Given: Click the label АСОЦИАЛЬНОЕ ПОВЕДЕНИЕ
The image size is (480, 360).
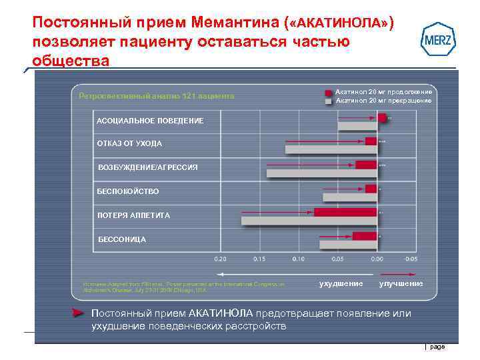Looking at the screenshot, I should click(x=141, y=121).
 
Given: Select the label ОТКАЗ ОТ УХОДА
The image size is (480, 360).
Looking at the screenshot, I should click(x=129, y=143).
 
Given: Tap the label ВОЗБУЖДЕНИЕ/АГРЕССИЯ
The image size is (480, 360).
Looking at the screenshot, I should click(x=147, y=167).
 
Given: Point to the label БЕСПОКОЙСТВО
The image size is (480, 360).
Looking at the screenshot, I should click(x=128, y=191).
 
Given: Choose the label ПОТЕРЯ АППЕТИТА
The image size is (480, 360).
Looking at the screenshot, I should click(x=133, y=215).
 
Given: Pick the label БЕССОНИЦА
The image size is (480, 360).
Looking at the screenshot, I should click(x=121, y=239).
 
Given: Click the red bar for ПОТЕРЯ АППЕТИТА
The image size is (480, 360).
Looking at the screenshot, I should click(x=345, y=213).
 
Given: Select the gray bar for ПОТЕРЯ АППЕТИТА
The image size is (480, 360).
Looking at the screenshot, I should click(x=309, y=221).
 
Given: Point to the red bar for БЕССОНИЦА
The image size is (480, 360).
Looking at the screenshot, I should click(x=365, y=236).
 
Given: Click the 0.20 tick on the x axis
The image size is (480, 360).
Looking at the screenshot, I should click(x=220, y=258).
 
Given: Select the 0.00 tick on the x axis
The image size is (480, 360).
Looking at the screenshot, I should click(x=377, y=258).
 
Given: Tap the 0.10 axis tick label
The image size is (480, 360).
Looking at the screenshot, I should click(x=299, y=258).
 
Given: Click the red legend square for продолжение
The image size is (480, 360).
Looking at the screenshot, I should click(x=329, y=92).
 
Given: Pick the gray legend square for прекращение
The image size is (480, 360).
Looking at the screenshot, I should click(x=329, y=101).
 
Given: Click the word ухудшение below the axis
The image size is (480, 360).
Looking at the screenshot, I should click(x=341, y=284).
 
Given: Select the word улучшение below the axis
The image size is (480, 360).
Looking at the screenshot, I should click(x=401, y=284).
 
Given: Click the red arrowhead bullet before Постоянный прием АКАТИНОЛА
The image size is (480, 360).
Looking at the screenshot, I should click(x=79, y=313).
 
